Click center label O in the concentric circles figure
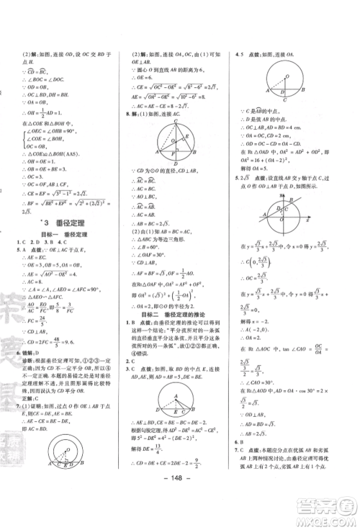click(x=69, y=456)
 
